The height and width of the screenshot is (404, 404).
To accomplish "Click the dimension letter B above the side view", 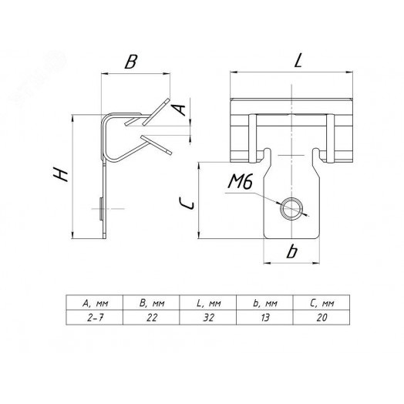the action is click(x=131, y=62).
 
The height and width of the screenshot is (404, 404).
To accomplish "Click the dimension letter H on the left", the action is click(x=61, y=174).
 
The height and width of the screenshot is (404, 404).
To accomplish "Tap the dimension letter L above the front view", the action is click(x=298, y=61).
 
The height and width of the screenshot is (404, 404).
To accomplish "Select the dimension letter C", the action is click(x=187, y=202).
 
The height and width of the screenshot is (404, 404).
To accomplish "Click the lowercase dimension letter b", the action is click(x=292, y=251).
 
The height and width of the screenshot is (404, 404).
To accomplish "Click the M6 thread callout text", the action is click(x=240, y=182).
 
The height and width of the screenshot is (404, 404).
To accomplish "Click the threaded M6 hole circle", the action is click(x=291, y=208).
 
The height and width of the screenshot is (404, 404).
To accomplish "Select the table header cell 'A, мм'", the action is click(x=95, y=302).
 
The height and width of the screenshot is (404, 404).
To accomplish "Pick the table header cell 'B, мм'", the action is click(x=151, y=302).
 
